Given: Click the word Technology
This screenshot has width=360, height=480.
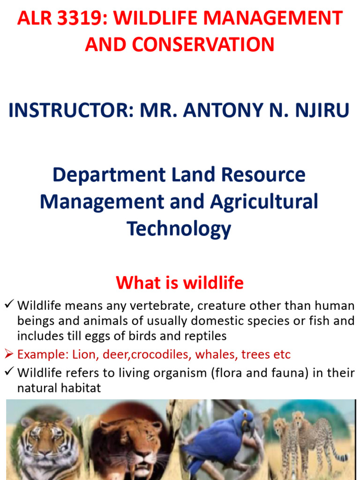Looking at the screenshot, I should tap(179, 229).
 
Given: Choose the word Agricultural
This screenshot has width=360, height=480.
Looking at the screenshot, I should tap(264, 202).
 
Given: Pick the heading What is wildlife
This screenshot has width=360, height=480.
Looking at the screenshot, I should tap(180, 283).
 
